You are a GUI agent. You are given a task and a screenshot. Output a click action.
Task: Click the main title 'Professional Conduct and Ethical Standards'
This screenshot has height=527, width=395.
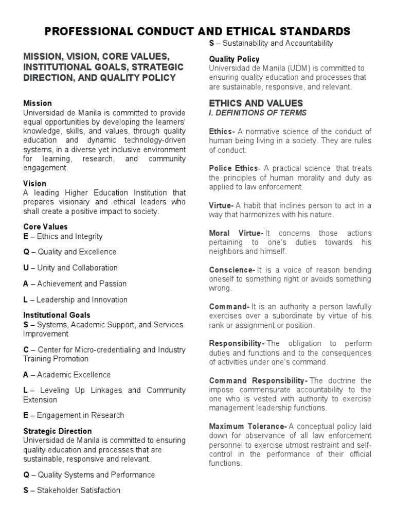pos(197,31)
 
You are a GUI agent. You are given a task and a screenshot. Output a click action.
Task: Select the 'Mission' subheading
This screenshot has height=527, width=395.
pos(38,103)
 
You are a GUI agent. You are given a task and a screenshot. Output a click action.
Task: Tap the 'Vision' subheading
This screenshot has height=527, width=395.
pos(35,183)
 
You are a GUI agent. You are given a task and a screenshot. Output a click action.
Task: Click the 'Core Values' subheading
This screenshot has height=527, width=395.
pos(45,226)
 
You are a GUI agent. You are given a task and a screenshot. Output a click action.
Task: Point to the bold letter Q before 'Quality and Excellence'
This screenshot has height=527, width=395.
pos(26,252)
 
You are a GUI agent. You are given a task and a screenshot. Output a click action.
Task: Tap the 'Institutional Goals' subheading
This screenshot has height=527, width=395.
pos(57,315)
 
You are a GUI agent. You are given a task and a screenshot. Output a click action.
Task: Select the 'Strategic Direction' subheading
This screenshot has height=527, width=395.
pos(58,431)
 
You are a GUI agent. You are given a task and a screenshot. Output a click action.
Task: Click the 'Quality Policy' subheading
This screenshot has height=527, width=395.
pos(234,59)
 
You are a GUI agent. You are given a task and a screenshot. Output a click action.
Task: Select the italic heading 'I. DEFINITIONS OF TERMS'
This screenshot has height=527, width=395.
pos(257,113)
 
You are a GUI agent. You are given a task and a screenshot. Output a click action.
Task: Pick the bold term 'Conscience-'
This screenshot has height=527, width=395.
pos(232,270)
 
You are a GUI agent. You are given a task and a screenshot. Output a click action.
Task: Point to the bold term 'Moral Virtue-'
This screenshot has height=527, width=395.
pos(236,234)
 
